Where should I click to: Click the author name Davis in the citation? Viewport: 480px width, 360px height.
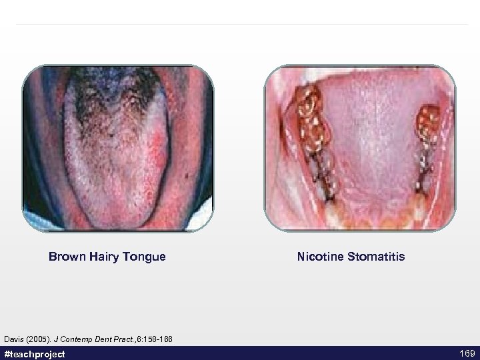click(x=14, y=339)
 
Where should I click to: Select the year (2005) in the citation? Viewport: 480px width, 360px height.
click(x=38, y=339)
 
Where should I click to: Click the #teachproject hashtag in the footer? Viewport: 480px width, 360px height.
click(x=35, y=353)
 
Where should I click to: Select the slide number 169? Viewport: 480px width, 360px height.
click(x=466, y=353)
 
